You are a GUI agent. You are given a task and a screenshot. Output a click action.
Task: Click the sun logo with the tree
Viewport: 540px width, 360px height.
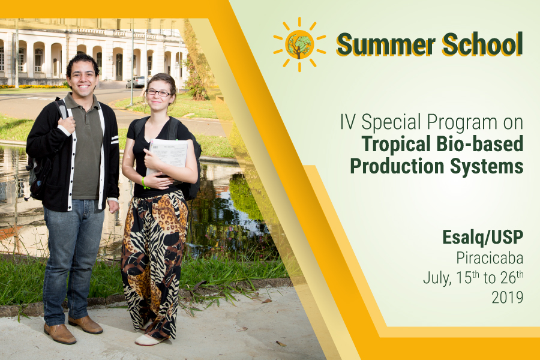[x=299, y=44]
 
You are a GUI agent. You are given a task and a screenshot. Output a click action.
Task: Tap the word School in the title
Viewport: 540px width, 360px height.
[x=483, y=44]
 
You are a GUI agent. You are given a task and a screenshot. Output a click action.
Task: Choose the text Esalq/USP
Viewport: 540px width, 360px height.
[x=483, y=238]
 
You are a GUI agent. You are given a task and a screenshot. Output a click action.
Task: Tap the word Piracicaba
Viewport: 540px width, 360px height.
[x=490, y=257]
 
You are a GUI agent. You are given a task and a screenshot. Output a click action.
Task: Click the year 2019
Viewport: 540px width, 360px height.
[x=507, y=298]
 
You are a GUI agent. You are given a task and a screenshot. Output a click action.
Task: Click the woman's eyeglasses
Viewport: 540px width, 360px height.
[x=158, y=92]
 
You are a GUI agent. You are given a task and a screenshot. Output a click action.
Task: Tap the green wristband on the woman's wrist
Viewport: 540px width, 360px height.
[x=144, y=182]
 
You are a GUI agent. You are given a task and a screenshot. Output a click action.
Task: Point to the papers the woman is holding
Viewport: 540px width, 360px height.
[x=167, y=157]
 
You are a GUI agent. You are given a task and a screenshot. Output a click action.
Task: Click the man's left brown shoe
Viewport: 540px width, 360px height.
[x=85, y=325]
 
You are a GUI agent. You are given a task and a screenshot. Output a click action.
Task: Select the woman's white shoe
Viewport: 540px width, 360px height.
[x=149, y=340]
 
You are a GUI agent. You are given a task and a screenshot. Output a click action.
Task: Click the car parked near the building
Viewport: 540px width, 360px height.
[x=136, y=82]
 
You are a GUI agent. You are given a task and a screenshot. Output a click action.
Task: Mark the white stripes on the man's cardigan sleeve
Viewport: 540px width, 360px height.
[x=115, y=140]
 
